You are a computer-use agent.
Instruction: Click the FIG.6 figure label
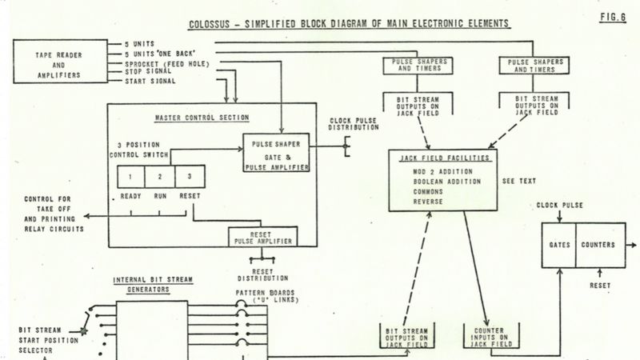coord(613,15)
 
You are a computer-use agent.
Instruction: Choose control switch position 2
coord(160,176)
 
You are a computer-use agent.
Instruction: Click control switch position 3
coord(188,176)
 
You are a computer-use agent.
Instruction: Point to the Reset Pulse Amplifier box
coord(259,236)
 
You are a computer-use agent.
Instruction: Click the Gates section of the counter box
coord(557,244)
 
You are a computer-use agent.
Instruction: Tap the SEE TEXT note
coord(518,181)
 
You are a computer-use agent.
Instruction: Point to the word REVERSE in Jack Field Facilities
coord(430,202)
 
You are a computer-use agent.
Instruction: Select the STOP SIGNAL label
coord(149,72)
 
